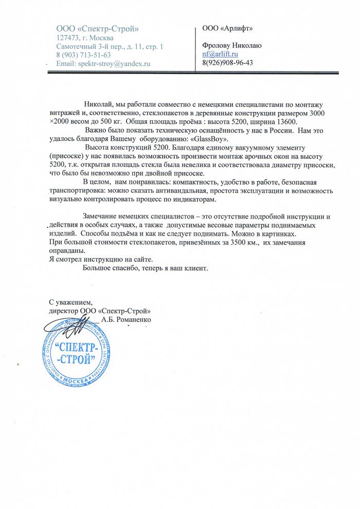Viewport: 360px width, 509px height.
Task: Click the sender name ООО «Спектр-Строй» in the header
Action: tap(97, 28)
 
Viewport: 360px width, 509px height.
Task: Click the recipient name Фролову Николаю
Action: tap(232, 45)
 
